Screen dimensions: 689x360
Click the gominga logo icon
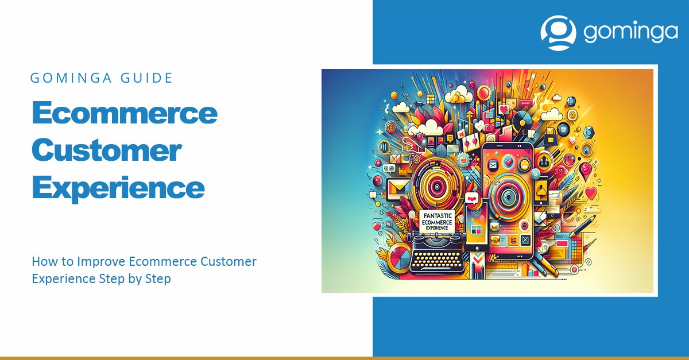(558, 33)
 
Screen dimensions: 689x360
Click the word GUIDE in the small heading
(146, 78)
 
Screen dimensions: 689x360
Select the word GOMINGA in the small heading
(71, 78)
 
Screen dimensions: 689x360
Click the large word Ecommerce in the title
(125, 113)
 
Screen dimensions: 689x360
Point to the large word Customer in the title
(107, 150)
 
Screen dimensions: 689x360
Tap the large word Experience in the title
(118, 188)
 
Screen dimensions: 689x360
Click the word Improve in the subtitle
(101, 262)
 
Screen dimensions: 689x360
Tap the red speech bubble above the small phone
(471, 198)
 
